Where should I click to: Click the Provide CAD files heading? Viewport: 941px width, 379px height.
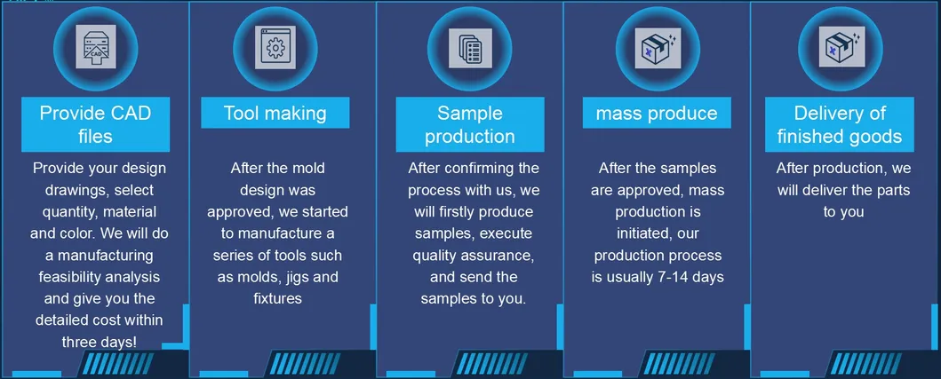click(95, 124)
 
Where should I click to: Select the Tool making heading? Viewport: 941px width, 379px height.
click(275, 113)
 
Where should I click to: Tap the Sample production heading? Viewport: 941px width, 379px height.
click(469, 124)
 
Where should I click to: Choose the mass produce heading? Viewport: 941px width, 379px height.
click(657, 113)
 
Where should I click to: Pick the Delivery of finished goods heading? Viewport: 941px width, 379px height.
click(840, 124)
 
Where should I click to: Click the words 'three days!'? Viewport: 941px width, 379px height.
click(100, 342)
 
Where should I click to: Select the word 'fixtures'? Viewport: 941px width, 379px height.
click(277, 298)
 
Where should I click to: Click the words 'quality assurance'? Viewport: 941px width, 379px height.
click(472, 256)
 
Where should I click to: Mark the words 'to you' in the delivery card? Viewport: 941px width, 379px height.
click(843, 212)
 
